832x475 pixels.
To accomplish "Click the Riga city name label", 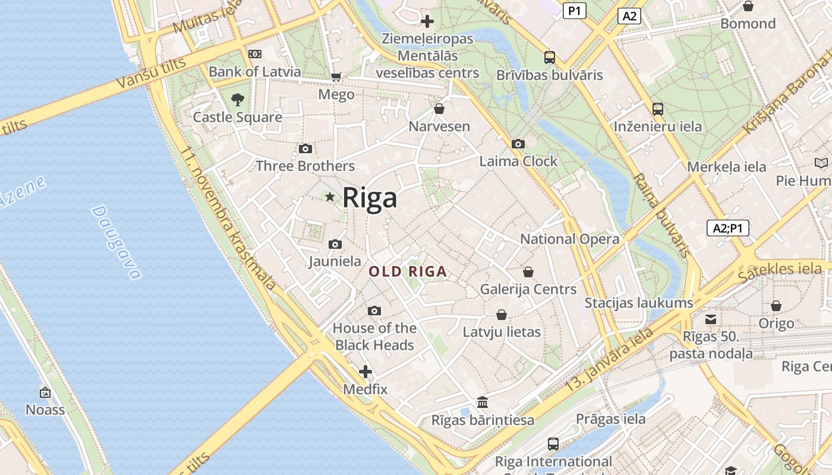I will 369,198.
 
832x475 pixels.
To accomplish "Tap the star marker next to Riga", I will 330,197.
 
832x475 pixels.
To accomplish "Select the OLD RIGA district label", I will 408,272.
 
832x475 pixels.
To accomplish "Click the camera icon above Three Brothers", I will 305,148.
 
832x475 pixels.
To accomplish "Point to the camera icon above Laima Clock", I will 518,144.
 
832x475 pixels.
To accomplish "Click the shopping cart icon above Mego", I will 336,77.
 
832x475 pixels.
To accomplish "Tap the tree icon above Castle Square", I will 237,99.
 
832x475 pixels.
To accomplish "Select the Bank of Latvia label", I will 254,72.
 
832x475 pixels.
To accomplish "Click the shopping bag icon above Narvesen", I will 439,109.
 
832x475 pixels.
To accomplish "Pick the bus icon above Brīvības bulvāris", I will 550,58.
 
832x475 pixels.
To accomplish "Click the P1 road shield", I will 574,10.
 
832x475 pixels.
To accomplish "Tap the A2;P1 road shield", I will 728,228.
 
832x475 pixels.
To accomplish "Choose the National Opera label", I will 569,239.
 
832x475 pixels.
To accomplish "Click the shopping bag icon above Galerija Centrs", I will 528,272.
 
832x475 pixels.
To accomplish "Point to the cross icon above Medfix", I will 365,372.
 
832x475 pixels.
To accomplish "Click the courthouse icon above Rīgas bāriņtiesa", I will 483,403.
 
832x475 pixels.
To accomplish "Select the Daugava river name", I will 117,242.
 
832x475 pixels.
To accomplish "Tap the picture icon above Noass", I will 45,392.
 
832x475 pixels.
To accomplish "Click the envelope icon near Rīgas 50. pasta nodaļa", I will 711,319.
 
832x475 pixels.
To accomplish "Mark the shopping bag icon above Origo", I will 776,306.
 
